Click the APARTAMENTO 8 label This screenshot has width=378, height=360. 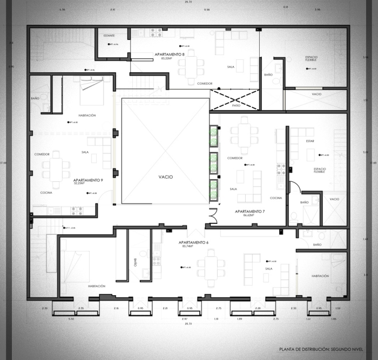[x=170, y=55]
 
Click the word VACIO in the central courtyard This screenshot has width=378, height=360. [x=166, y=177]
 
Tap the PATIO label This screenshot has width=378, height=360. [x=236, y=105]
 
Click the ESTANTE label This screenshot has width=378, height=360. [x=110, y=36]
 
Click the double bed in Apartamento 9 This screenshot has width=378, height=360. [x=92, y=89]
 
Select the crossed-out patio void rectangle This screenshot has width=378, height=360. [x=235, y=100]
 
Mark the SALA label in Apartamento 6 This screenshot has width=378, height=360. [x=268, y=268]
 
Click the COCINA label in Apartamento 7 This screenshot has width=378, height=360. [x=275, y=198]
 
